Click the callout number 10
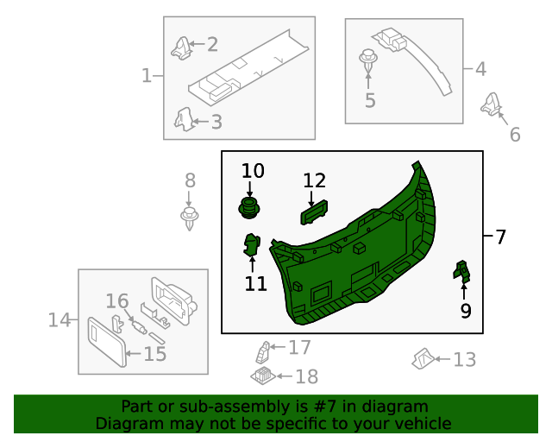point(253,170)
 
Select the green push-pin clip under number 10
point(249,208)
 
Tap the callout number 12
point(315,180)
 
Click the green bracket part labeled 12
point(314,211)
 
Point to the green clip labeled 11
point(252,245)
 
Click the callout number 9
point(466,310)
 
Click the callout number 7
point(501,237)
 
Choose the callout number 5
point(370,101)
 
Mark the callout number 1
point(147,76)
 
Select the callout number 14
point(59,320)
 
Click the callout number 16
point(117,301)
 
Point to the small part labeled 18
point(261,375)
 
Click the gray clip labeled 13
point(423,357)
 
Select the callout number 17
point(298,348)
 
